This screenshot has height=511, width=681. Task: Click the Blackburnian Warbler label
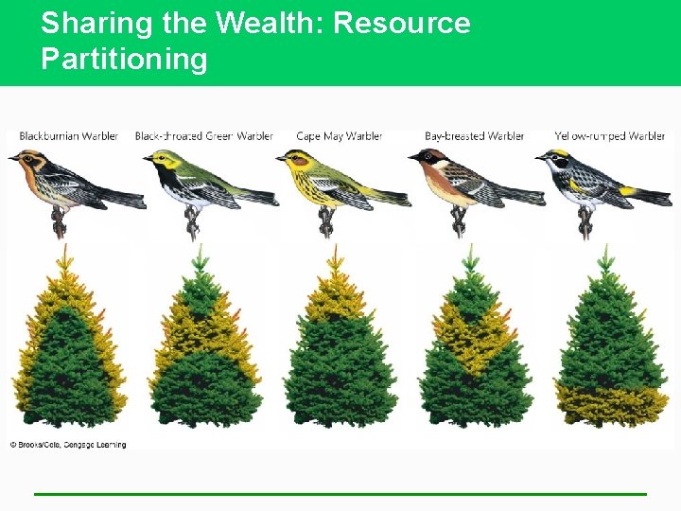68,136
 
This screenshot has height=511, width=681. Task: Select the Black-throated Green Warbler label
203,136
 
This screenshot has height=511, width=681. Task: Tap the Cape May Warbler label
339,136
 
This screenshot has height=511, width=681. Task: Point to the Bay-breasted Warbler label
474,136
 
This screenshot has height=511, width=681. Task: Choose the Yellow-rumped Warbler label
609,136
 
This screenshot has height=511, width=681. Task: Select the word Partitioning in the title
124,59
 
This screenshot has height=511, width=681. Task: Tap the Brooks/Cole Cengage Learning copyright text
68,444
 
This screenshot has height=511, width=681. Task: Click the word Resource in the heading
402,23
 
